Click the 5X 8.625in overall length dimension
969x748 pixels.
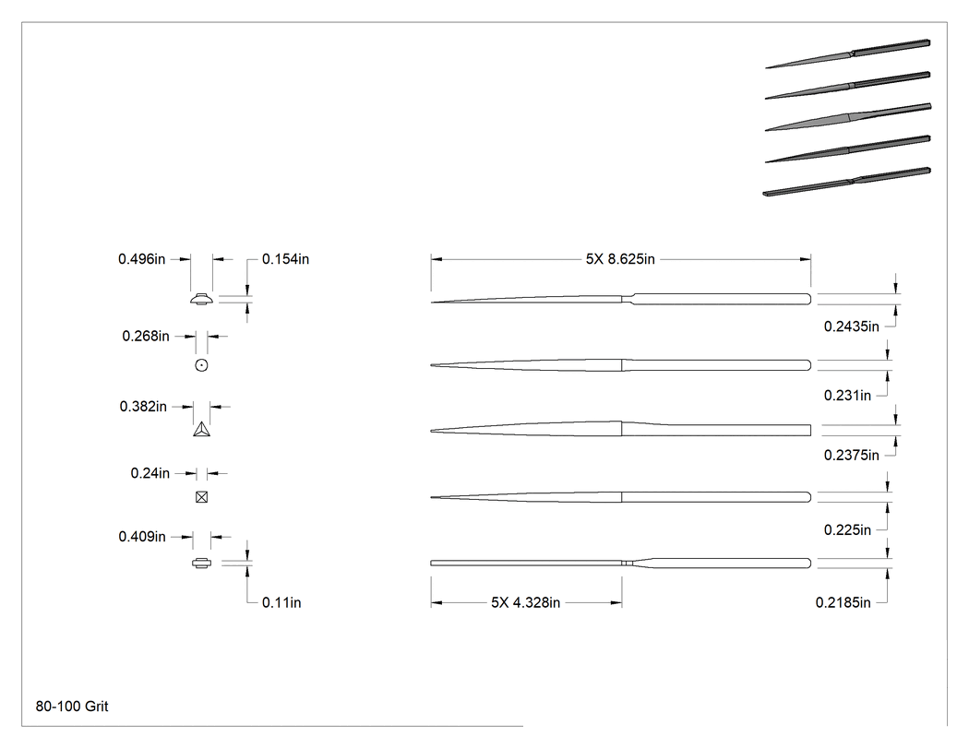pyautogui.click(x=620, y=259)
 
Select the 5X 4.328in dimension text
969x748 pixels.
pyautogui.click(x=525, y=602)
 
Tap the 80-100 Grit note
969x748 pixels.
pyautogui.click(x=72, y=706)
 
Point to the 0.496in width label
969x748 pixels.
pyautogui.click(x=141, y=259)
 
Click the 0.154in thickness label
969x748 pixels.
pyautogui.click(x=285, y=259)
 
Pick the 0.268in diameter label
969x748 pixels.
pyautogui.click(x=146, y=336)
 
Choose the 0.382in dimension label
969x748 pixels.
pyautogui.click(x=143, y=407)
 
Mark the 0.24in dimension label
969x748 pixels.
pyautogui.click(x=150, y=473)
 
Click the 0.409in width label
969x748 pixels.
pyautogui.click(x=142, y=536)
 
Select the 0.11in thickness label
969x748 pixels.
pyautogui.click(x=281, y=602)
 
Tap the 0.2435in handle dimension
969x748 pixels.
pyautogui.click(x=852, y=327)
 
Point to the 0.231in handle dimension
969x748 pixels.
pyautogui.click(x=847, y=396)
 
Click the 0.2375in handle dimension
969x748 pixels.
pyautogui.click(x=852, y=456)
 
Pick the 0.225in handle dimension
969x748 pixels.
pyautogui.click(x=847, y=530)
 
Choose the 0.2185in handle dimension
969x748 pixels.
pyautogui.click(x=843, y=602)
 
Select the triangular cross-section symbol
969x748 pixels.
pyautogui.click(x=201, y=429)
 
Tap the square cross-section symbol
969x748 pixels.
pyautogui.click(x=201, y=497)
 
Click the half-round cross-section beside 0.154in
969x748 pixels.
pyautogui.click(x=201, y=299)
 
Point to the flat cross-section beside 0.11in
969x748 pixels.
pyautogui.click(x=201, y=563)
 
